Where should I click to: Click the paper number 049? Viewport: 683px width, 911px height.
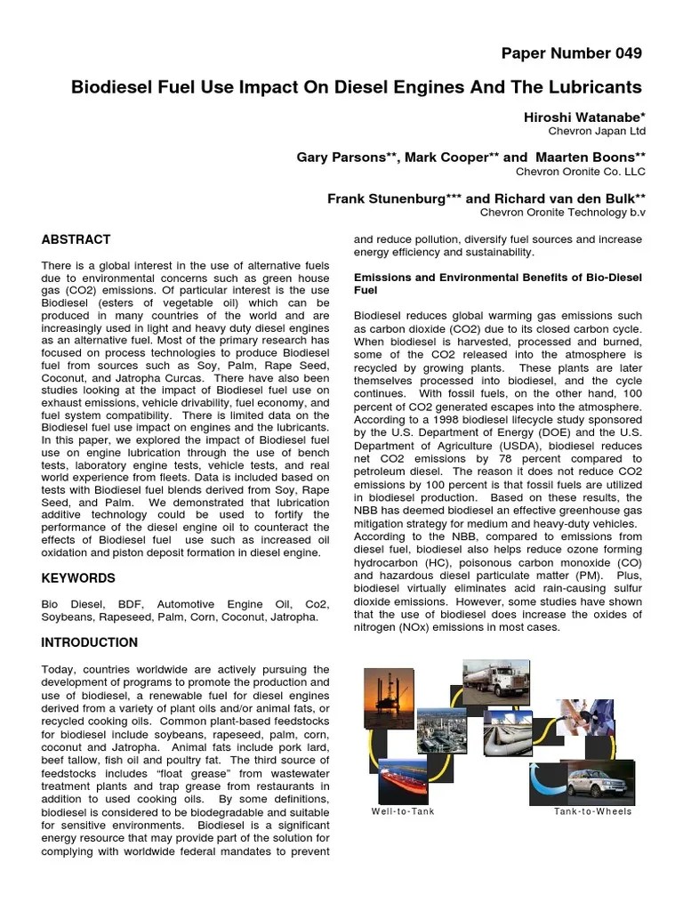571,53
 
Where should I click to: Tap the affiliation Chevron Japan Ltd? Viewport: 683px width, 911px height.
598,132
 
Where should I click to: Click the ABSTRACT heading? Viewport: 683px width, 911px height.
76,239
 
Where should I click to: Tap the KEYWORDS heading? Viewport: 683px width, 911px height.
78,578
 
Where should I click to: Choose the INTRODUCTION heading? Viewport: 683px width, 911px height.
90,642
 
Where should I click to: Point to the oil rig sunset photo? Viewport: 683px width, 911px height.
390,701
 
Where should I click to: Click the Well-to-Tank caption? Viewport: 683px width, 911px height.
403,811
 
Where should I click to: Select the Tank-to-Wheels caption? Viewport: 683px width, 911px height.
592,811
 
